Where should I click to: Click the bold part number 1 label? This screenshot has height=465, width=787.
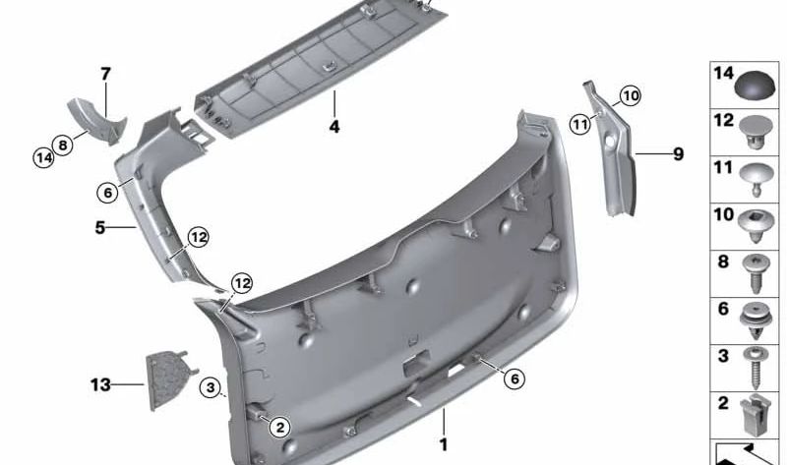click(444, 443)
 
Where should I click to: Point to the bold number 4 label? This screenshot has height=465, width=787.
click(334, 127)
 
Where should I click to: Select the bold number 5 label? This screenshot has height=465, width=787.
click(99, 227)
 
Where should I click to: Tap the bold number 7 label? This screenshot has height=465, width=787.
click(105, 73)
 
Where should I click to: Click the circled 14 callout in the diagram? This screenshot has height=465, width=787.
click(43, 156)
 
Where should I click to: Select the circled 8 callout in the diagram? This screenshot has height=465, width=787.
click(64, 145)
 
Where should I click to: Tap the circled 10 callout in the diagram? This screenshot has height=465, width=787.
click(630, 95)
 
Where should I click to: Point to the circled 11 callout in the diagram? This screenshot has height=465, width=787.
click(580, 123)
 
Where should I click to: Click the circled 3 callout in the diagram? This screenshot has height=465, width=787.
click(210, 387)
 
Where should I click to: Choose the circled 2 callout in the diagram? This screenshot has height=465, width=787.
click(279, 427)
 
